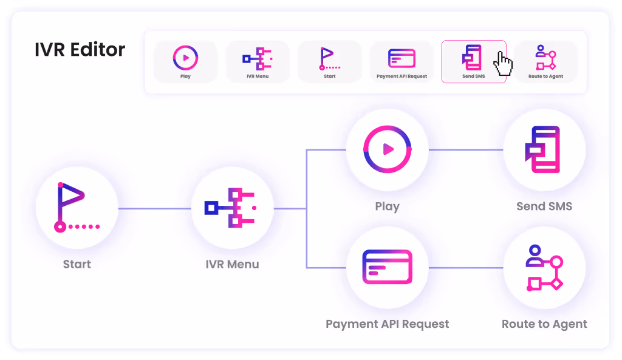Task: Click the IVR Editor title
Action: tap(80, 50)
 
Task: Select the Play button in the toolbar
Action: tap(185, 62)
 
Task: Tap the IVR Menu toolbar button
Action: tap(258, 62)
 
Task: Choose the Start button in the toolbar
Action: tap(330, 62)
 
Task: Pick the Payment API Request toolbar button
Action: tap(402, 62)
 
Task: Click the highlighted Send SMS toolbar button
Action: tap(473, 62)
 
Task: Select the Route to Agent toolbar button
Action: tap(545, 62)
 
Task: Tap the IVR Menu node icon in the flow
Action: tap(232, 208)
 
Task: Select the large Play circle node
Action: tap(387, 149)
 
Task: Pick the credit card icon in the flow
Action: tap(387, 267)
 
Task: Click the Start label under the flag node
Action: tap(77, 264)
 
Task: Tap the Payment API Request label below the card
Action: tap(387, 324)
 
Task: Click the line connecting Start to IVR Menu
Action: tap(154, 209)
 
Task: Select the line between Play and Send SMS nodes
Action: tap(465, 149)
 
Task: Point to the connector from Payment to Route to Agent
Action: tap(465, 268)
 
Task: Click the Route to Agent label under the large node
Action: tap(544, 324)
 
